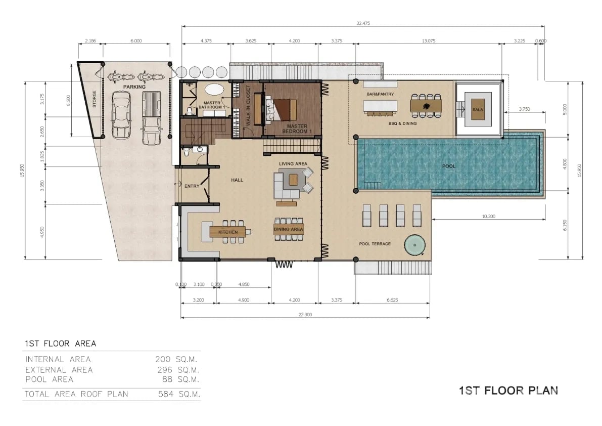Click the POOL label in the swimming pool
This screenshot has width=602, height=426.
tap(448, 166)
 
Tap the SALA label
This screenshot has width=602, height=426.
tap(478, 109)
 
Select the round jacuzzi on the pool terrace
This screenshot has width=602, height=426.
tap(414, 245)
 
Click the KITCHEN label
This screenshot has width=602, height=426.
tap(228, 232)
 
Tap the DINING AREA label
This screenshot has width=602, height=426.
tap(288, 229)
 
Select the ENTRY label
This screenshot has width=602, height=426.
tap(192, 186)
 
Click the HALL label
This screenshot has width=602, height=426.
tap(237, 180)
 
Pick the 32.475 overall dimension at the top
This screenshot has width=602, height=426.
tap(363, 23)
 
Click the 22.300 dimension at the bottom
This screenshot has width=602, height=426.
tap(305, 315)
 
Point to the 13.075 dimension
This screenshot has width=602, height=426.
tap(429, 40)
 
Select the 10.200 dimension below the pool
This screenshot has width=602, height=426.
tap(488, 216)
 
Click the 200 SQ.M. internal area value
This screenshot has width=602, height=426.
tap(176, 360)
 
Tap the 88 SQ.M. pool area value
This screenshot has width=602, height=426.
tap(180, 379)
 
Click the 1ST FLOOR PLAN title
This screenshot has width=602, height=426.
tap(508, 391)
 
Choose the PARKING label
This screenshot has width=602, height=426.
tap(134, 87)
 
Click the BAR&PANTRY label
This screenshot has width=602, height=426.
tap(380, 94)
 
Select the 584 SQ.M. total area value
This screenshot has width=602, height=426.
tap(179, 394)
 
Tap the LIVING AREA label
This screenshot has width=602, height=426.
tap(293, 163)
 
